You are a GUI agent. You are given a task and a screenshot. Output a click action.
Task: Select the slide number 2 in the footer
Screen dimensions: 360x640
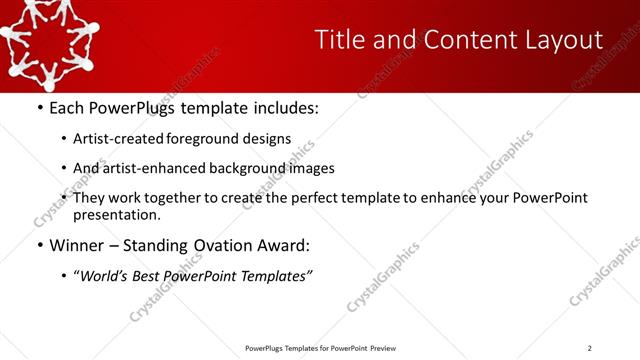coord(590,348)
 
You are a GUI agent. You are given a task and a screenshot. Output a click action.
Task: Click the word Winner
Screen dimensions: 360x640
coord(75,245)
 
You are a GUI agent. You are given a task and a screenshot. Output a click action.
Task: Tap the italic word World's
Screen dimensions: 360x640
coord(106,277)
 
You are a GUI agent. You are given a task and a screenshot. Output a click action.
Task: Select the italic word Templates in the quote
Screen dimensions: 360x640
coord(275,277)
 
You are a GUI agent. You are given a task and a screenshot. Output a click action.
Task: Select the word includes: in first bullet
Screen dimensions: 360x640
coord(283,107)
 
